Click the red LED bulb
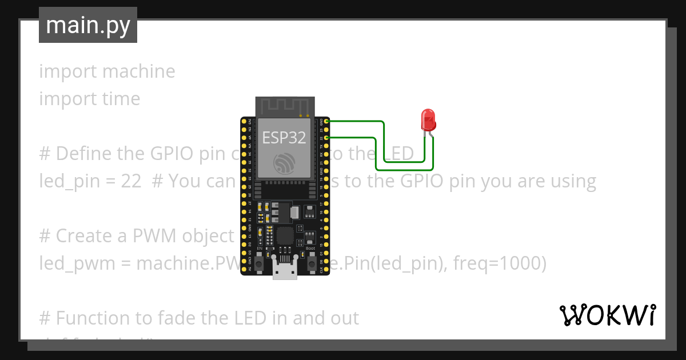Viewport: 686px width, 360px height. click(x=428, y=119)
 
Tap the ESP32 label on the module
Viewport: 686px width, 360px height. click(x=284, y=137)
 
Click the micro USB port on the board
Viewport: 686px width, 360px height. click(x=285, y=271)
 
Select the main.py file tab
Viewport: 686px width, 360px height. click(x=88, y=25)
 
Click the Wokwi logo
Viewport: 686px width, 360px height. click(x=607, y=315)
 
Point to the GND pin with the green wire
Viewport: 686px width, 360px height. click(x=326, y=121)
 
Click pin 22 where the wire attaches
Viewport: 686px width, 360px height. click(x=326, y=138)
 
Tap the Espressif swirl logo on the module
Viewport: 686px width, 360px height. click(x=284, y=164)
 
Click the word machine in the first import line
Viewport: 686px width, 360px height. click(x=139, y=71)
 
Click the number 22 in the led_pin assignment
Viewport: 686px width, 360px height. click(x=131, y=181)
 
